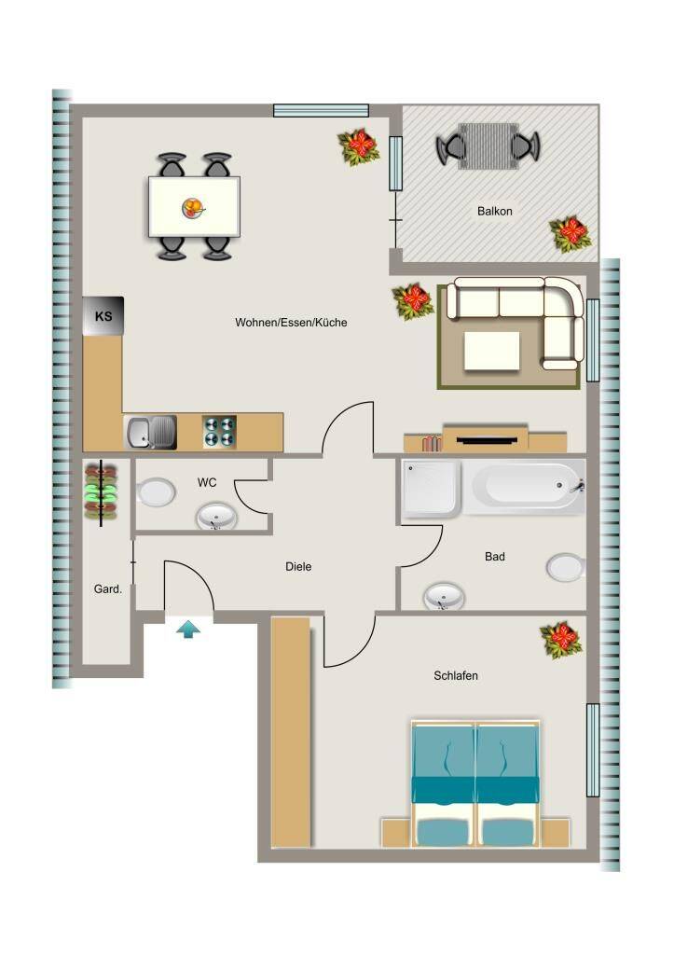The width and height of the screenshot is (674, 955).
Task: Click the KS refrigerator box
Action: [103, 315]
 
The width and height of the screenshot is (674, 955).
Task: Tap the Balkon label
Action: [494, 212]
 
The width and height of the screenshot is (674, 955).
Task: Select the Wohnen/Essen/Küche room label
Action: [291, 322]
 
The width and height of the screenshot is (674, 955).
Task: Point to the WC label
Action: [207, 482]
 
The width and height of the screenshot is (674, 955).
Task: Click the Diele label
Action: [298, 566]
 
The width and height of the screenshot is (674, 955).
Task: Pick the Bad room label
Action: [495, 556]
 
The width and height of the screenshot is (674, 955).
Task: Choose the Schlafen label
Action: [456, 675]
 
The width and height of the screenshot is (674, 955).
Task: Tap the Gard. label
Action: [108, 589]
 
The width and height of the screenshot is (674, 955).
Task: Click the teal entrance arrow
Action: [188, 629]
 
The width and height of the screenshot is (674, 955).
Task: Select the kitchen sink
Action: [150, 433]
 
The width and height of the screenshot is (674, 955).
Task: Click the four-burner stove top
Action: [219, 432]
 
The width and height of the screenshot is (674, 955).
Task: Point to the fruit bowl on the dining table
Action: [194, 208]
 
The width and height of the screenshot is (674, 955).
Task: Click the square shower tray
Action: [431, 489]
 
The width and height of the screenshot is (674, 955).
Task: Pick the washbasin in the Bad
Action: [444, 596]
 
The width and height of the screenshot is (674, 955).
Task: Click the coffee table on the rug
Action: [492, 351]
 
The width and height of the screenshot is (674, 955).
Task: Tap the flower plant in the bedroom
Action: [561, 640]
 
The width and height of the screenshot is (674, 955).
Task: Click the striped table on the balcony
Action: [488, 146]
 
